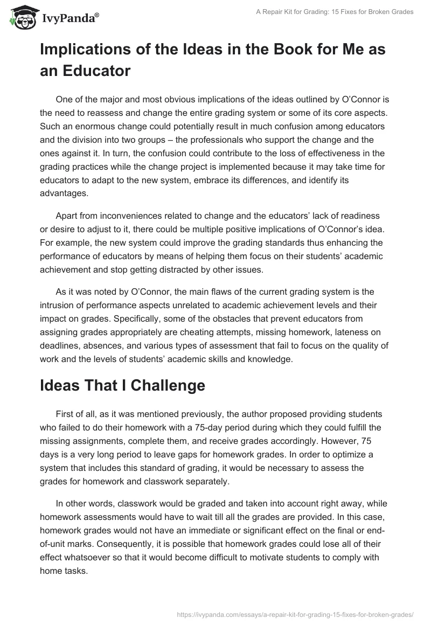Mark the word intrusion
61,305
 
